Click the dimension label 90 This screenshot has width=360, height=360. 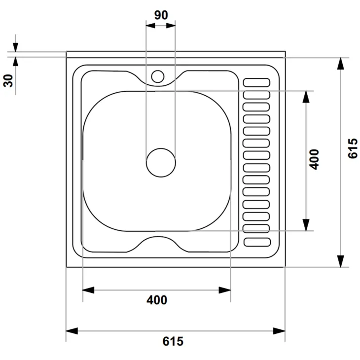pyautogui.click(x=161, y=15)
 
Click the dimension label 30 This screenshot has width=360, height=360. pyautogui.click(x=8, y=80)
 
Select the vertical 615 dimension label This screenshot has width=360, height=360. pyautogui.click(x=353, y=148)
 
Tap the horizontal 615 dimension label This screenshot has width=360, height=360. pyautogui.click(x=173, y=341)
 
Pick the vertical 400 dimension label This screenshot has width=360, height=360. pyautogui.click(x=314, y=160)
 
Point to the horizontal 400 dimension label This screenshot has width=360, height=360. pyautogui.click(x=157, y=300)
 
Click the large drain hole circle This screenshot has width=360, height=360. pyautogui.click(x=161, y=163)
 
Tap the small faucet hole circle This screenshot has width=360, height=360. pyautogui.click(x=158, y=76)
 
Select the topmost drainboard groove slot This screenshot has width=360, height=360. pyautogui.click(x=256, y=83)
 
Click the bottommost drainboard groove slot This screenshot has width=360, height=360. pyautogui.click(x=257, y=242)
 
